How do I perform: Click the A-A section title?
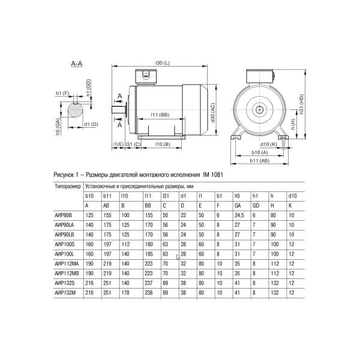pos(76,64)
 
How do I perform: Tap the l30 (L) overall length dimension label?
pos(162,63)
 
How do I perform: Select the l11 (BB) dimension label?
pos(158,115)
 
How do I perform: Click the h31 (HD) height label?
pos(303,106)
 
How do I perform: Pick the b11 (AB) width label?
pos(260,161)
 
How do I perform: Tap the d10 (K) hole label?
pos(268,145)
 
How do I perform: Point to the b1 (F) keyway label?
pos(62,94)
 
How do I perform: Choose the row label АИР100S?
pos(64,245)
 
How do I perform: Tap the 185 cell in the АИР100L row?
pos(148,254)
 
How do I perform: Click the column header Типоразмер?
pos(67,186)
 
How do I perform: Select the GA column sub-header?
pos(238,205)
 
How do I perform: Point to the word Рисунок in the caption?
pos(66,174)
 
